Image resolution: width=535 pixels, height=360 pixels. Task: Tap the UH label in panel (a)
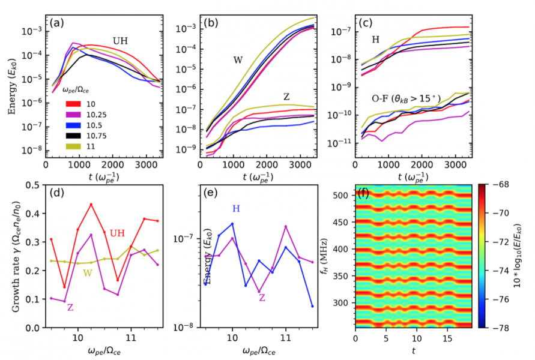(121, 41)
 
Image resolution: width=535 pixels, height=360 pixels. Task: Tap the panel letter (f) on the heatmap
(363, 194)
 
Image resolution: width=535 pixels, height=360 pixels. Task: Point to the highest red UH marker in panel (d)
(91, 205)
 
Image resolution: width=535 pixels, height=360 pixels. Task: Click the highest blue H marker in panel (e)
(232, 224)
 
